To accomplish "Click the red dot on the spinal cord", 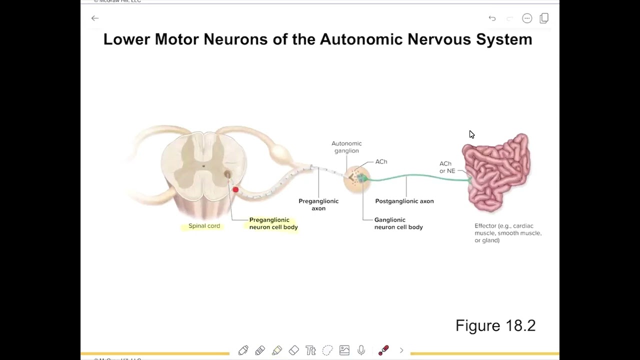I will [235, 189].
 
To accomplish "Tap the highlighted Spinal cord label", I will [204, 226].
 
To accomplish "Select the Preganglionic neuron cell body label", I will [273, 223].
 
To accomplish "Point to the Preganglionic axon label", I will [318, 204].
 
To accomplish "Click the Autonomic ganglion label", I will [346, 147].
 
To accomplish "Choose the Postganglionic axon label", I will [404, 201].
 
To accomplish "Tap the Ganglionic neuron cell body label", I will [398, 223].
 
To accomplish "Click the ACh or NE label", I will [446, 167].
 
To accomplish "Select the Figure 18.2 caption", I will [495, 325].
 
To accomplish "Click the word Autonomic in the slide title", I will [361, 39].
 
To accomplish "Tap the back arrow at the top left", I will [95, 18].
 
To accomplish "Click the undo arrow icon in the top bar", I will [492, 18].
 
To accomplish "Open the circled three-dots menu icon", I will [527, 18].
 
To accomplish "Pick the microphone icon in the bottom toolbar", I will [361, 350].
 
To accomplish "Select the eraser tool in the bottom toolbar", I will [294, 350].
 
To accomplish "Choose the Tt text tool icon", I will [310, 350].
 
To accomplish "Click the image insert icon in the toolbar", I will [344, 350].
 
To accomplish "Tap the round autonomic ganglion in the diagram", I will [357, 178].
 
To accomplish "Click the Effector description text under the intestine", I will [507, 233].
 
